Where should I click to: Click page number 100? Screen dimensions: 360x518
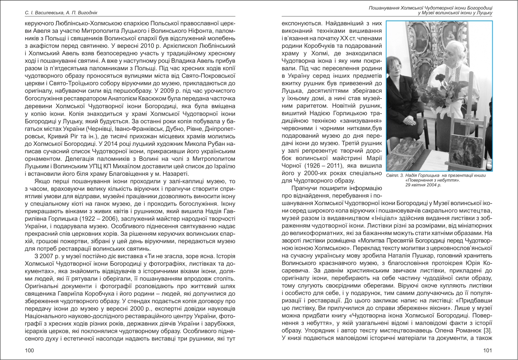29,350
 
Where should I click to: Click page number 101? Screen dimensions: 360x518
487,350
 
